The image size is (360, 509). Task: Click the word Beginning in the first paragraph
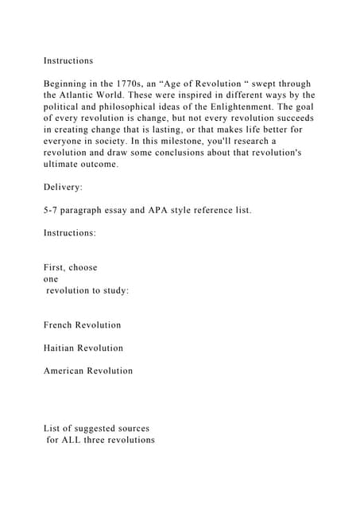point(71,84)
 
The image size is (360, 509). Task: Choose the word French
point(60,324)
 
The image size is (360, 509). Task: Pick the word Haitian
point(62,348)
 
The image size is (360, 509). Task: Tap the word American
point(66,371)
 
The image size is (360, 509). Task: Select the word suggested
point(89,428)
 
